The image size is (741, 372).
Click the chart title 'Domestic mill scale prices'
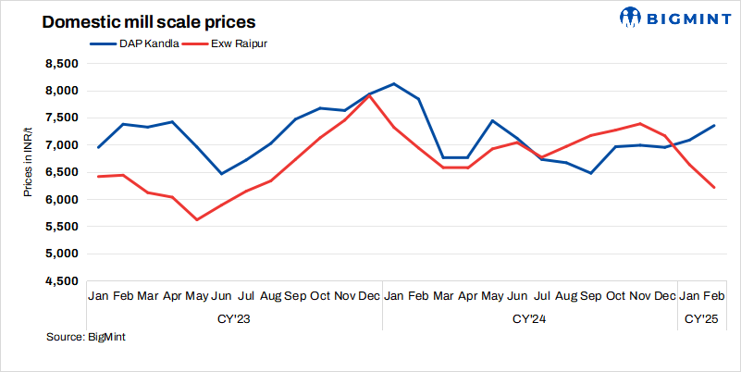pos(136,21)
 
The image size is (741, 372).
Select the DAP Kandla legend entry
pos(136,43)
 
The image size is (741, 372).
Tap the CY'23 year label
pos(233,319)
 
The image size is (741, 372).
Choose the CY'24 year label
pos(529,319)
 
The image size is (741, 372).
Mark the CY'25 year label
pos(701,319)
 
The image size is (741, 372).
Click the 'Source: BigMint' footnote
pos(86,338)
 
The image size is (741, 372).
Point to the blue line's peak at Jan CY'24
pos(394,84)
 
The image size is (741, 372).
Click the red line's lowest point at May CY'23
pos(197,219)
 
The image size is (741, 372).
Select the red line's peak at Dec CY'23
pos(370,95)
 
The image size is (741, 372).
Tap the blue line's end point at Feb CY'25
pos(714,126)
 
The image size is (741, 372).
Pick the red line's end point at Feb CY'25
pos(714,188)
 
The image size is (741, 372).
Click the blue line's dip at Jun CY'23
pos(221,173)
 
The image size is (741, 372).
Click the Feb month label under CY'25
pos(714,296)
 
